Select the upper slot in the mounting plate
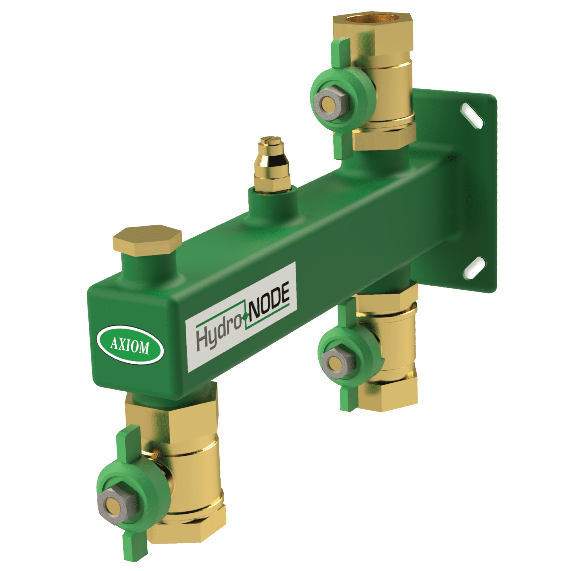coord(473,115)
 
